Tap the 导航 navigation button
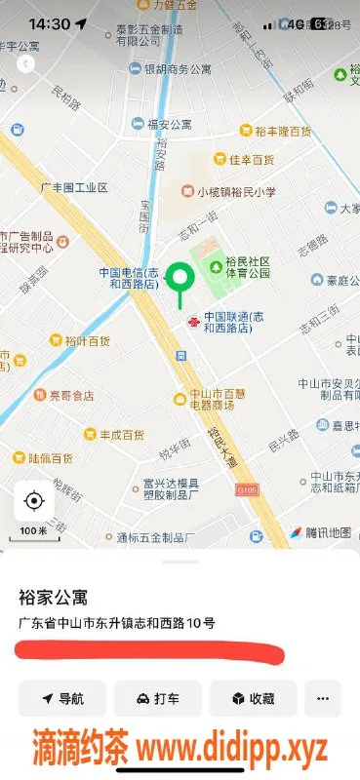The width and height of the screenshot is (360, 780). click(62, 698)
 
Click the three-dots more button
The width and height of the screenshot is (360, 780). click(323, 698)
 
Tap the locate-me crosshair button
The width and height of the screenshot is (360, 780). click(34, 502)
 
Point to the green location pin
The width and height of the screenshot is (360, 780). click(180, 279)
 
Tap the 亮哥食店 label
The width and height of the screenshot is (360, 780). click(72, 395)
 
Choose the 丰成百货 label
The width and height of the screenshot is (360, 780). click(123, 434)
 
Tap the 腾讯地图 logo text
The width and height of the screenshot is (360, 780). click(327, 532)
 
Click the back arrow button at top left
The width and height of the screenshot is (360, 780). click(26, 63)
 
